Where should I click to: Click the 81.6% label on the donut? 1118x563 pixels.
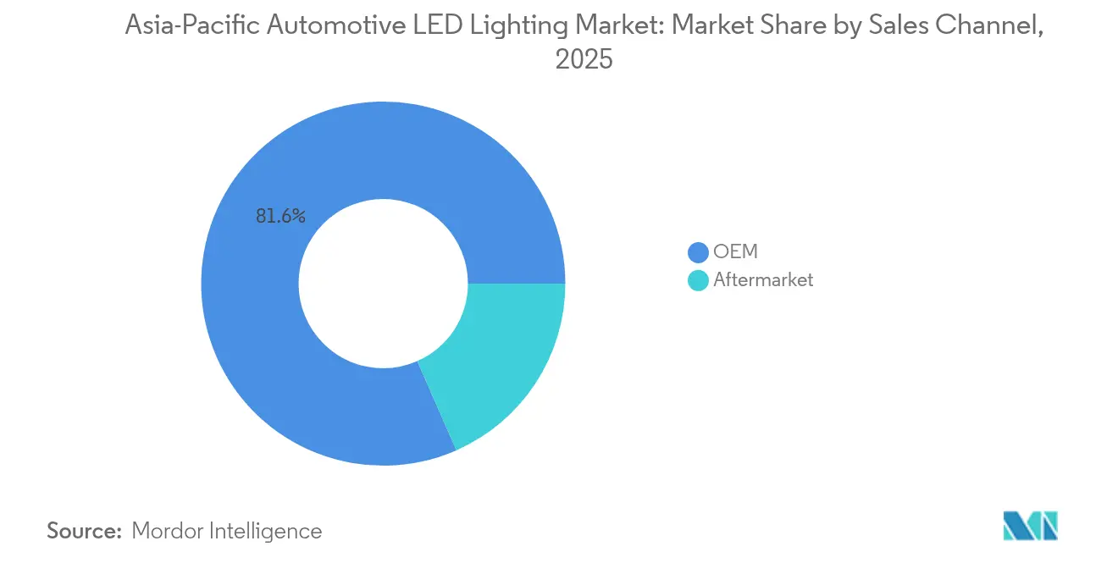pos(280,217)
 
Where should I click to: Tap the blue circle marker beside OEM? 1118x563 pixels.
pos(698,252)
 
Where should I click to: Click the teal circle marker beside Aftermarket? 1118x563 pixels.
pos(698,280)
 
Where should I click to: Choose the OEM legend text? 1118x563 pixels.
pos(735,252)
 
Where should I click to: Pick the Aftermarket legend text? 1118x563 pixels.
pos(763,280)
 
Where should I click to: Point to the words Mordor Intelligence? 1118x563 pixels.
pos(227,532)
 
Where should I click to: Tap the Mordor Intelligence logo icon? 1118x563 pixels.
pos(1030,526)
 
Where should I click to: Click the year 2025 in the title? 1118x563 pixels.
pos(584,60)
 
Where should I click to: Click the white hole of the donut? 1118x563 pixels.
pos(383,284)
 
